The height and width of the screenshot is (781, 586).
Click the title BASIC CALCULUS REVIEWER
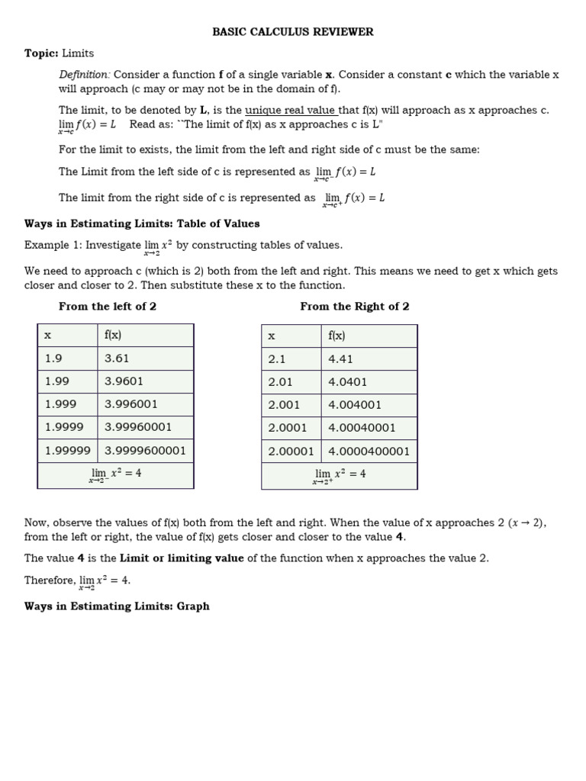coord(293,32)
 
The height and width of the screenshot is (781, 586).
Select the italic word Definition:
coord(85,75)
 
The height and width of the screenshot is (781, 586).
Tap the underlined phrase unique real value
coord(291,110)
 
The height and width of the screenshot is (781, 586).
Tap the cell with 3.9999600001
coord(145,450)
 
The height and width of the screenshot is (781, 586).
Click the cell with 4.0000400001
coord(369,451)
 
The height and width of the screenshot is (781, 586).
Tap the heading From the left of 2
coord(108,307)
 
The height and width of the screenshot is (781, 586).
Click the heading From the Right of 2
coord(355,307)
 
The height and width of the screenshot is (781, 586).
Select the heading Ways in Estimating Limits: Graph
coord(117,606)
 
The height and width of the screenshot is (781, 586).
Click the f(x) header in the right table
coord(336,336)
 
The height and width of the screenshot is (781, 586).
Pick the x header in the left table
coord(48,336)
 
